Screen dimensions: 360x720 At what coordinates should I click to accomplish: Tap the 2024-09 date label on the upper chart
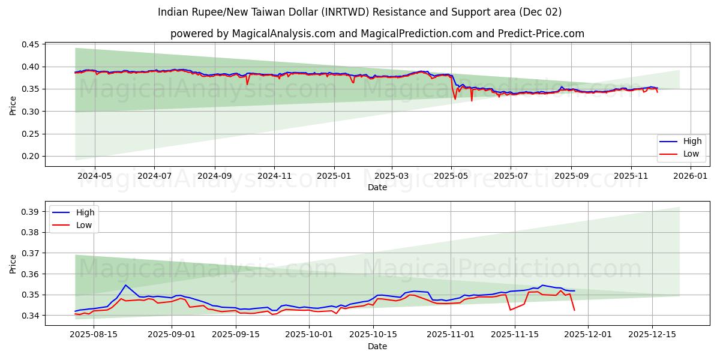214,176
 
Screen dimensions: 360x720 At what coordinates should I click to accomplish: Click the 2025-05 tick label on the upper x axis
451,176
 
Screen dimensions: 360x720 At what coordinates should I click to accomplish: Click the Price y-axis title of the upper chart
13,105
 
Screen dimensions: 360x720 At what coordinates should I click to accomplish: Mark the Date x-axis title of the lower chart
377,346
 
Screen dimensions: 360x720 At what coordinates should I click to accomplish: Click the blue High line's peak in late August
125,285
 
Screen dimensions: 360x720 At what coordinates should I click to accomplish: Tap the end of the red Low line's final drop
574,310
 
